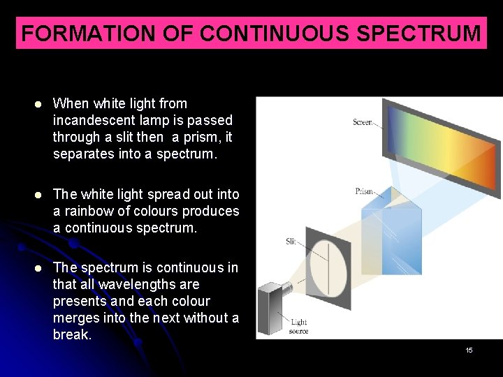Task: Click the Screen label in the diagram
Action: [x=362, y=122]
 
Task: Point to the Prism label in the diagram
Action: [x=363, y=191]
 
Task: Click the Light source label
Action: [x=299, y=326]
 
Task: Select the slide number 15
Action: [x=469, y=350]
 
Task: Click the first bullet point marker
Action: [x=40, y=104]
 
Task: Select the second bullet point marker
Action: [x=40, y=195]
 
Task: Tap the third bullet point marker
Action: [x=40, y=268]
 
